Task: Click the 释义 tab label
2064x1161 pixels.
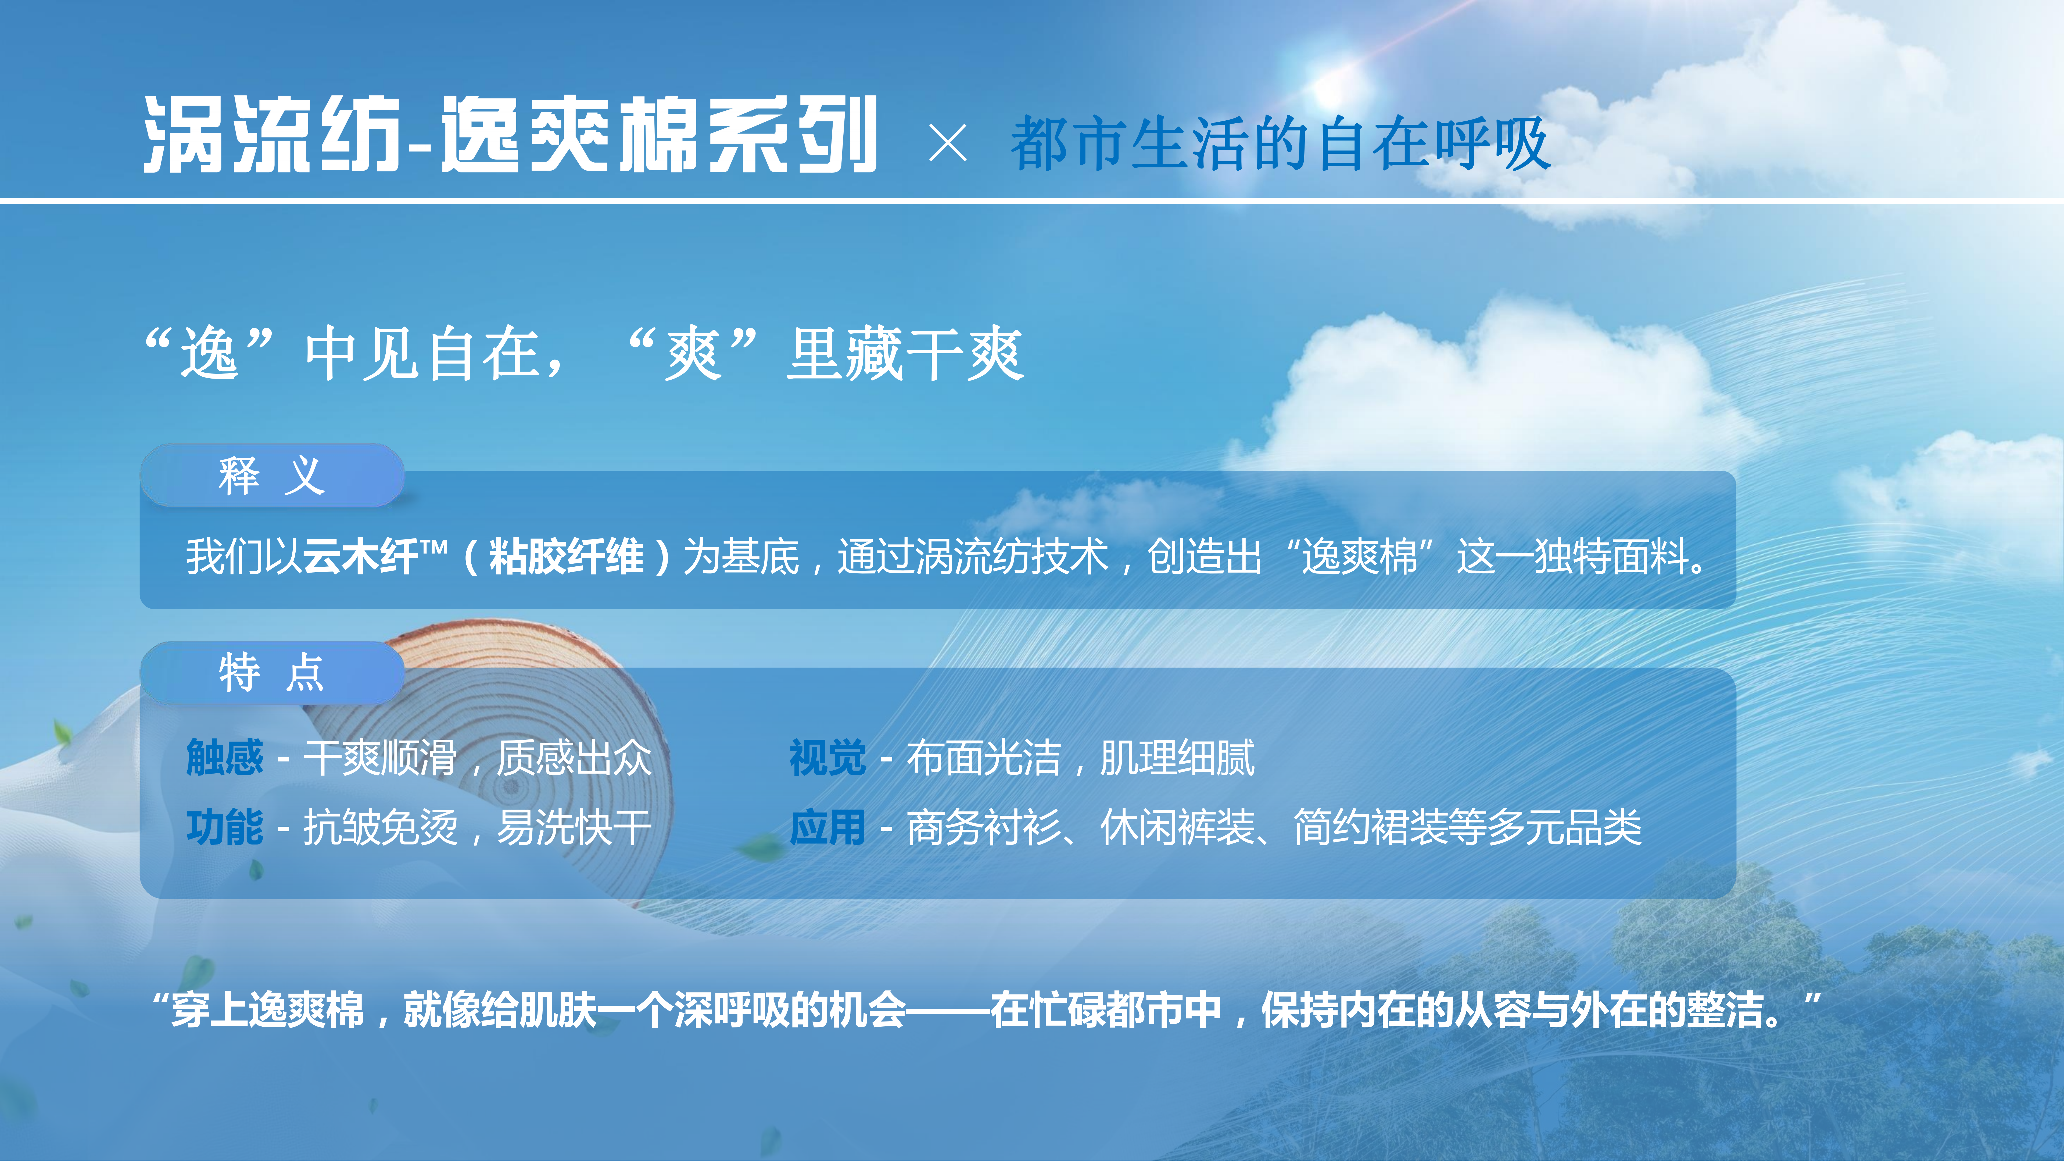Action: click(272, 476)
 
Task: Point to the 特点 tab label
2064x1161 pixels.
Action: click(272, 672)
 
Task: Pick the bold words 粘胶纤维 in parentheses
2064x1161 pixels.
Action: click(567, 556)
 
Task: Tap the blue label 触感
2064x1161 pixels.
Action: click(224, 757)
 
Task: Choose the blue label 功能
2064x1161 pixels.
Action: click(224, 827)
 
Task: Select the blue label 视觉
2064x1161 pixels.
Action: click(828, 757)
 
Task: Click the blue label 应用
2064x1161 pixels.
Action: click(828, 827)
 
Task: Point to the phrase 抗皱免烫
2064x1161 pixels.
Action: click(381, 827)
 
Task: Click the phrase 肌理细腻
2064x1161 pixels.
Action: click(1177, 757)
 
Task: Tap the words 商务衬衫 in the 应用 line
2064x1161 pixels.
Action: click(984, 827)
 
